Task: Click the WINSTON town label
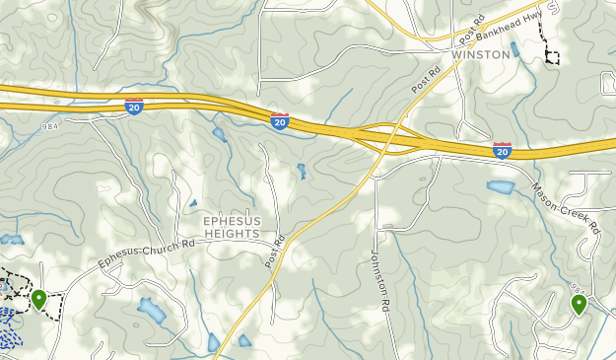click(481, 55)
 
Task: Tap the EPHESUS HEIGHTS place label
click(232, 228)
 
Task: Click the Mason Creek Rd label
click(566, 207)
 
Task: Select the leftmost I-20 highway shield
click(135, 107)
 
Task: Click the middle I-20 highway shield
click(280, 121)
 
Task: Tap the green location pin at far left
click(39, 298)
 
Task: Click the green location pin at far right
click(579, 304)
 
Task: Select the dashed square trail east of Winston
click(552, 56)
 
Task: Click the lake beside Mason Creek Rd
click(500, 186)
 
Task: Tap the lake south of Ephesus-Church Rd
click(152, 312)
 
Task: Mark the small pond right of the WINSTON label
click(514, 48)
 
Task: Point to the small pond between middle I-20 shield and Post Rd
click(301, 172)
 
